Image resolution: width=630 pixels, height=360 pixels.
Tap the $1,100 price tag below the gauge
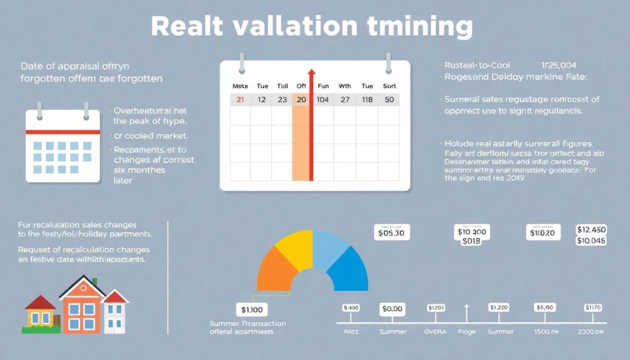point(252,309)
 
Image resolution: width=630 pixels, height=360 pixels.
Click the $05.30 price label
point(392,233)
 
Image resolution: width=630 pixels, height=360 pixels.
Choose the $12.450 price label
point(591,230)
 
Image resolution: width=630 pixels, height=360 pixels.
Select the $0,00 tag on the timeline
point(392,310)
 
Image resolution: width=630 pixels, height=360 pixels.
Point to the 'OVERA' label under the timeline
point(436,332)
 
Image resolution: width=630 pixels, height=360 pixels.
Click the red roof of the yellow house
point(40,302)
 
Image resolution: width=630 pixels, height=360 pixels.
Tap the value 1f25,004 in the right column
point(559,65)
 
